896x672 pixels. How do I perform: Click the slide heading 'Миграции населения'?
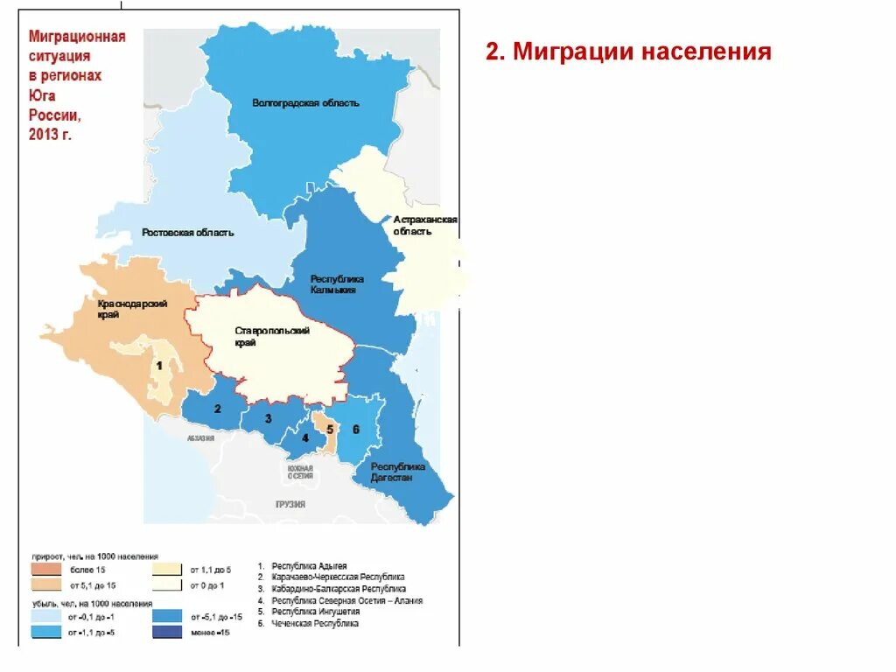coord(628,52)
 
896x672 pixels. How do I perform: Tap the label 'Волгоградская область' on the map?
coord(305,103)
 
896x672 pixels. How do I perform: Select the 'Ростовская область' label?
coord(188,233)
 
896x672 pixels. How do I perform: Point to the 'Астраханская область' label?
coord(425,226)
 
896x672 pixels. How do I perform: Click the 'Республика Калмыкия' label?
coord(337,284)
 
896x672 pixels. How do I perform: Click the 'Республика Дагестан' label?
coord(398,472)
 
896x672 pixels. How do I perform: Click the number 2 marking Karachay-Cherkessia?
coord(217,409)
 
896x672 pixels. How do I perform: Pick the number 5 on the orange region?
coord(330,430)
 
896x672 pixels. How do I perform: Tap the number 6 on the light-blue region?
coord(356,430)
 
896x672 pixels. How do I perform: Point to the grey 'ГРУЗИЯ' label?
coord(290,505)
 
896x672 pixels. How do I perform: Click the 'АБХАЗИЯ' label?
coord(200,440)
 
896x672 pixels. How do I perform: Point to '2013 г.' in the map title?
coord(50,134)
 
